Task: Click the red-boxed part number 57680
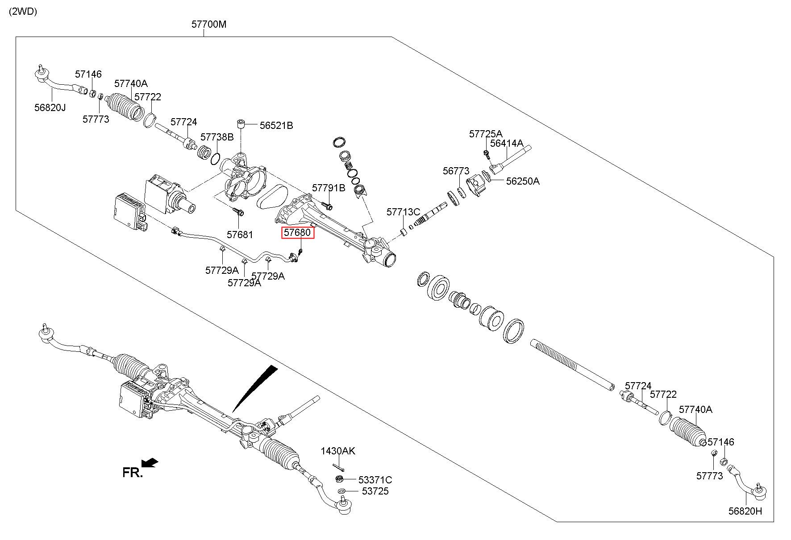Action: tap(297, 232)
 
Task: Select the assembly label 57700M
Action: tap(209, 24)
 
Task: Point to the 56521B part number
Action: tap(276, 125)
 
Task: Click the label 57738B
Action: tap(217, 136)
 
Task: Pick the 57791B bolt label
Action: tap(329, 188)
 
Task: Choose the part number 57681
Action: tap(240, 235)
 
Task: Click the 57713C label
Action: tap(403, 211)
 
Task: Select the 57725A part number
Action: tap(486, 133)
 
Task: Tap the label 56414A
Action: tap(507, 143)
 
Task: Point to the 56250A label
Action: tap(523, 181)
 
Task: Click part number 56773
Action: tap(456, 171)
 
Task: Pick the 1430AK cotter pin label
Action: tap(338, 451)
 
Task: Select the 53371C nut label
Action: tap(375, 480)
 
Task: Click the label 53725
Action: tap(375, 491)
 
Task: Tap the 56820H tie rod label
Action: tap(745, 511)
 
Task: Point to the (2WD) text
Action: tap(23, 12)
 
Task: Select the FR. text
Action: tap(133, 473)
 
